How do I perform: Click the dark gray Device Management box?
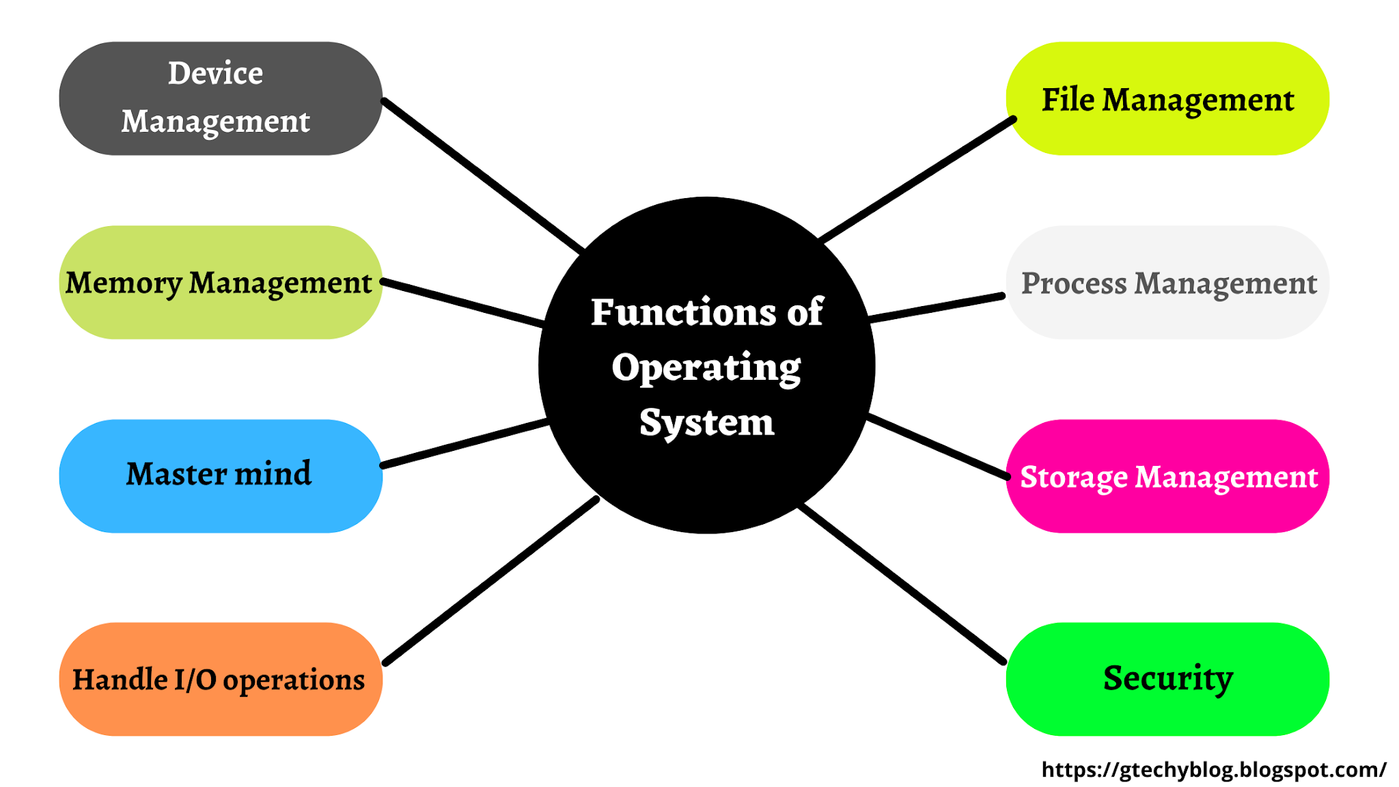tap(220, 98)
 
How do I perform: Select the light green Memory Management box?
tap(220, 283)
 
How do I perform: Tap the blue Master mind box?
tap(220, 475)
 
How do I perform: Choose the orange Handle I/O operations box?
tap(220, 679)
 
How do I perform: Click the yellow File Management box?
tap(1167, 98)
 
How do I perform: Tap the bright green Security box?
tap(1167, 679)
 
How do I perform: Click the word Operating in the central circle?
tap(706, 368)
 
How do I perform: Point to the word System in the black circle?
tap(706, 423)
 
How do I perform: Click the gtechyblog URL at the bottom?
tap(1213, 770)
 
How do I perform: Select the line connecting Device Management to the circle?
tap(482, 175)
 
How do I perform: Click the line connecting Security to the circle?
tap(902, 584)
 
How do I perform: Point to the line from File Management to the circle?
tap(917, 180)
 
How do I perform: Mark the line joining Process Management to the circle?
tap(936, 308)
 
